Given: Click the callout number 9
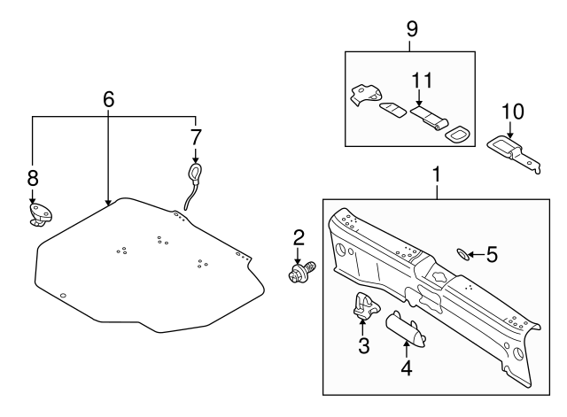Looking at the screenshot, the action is click(412, 29).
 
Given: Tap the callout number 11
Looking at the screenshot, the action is click(422, 81).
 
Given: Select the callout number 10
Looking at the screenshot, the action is click(513, 112).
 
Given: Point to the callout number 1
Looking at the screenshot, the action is click(437, 174).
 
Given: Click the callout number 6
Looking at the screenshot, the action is click(108, 99).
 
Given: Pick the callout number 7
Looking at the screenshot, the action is click(195, 137).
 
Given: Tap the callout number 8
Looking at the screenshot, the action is click(33, 178).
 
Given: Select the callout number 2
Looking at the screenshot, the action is click(299, 238).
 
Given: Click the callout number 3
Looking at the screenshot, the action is click(364, 346).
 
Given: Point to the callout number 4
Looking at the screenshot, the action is click(407, 368).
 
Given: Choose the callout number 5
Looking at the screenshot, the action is click(492, 254).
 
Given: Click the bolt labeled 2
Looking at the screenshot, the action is click(301, 272).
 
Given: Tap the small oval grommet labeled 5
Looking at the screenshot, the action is click(462, 254).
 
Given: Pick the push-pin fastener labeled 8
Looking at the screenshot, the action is click(40, 215).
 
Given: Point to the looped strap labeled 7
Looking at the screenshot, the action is click(192, 185).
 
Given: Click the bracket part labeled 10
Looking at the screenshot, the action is click(514, 153).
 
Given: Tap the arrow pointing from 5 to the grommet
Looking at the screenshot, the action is click(477, 254).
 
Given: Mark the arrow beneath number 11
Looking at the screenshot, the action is click(419, 98).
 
